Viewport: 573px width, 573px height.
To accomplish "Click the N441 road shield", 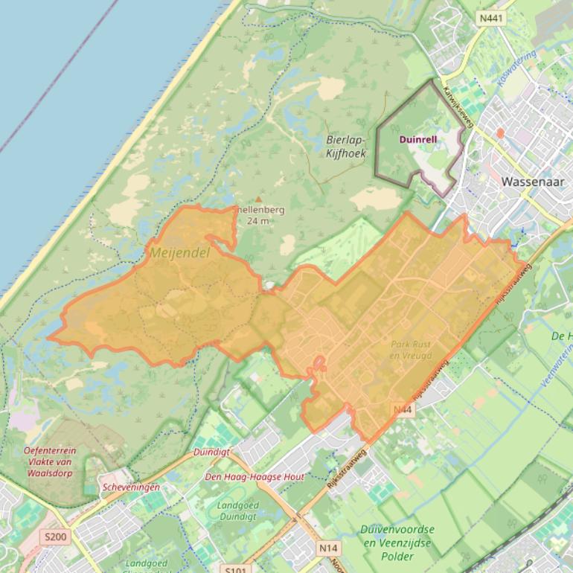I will (490, 18).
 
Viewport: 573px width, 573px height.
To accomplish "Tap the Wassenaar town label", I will (533, 181).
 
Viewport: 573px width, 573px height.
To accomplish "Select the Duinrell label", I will (418, 139).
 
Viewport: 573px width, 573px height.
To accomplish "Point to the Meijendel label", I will (180, 253).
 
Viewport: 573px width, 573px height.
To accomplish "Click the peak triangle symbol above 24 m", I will (259, 199).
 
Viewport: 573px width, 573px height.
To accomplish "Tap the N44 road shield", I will (403, 410).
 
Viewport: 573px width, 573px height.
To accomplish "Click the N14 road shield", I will (328, 548).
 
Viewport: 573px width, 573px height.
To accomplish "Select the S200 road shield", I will (55, 537).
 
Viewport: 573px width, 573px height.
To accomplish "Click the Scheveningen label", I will (131, 487).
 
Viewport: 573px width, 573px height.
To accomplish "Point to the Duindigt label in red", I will (211, 452).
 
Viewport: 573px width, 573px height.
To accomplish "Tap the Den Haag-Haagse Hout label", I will (255, 476).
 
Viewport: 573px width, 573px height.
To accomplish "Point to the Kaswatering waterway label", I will (517, 68).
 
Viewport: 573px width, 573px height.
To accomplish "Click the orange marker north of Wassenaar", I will (500, 132).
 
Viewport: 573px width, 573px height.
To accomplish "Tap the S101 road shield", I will (235, 569).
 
